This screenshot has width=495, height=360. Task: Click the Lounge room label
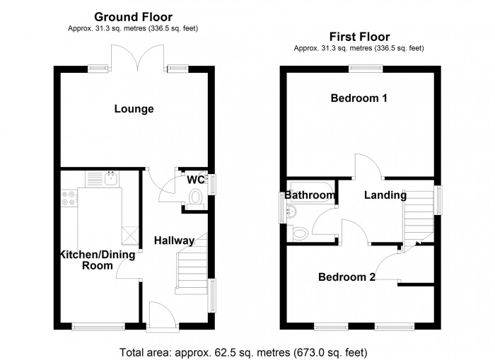coord(134,109)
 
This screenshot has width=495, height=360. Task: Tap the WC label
coord(196,180)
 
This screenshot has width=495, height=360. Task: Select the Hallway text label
coord(175,241)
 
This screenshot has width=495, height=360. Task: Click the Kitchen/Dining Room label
coord(86,260)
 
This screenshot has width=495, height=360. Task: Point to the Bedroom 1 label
coord(359,98)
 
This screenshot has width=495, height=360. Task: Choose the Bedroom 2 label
coord(346,277)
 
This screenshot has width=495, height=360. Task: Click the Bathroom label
coord(310,195)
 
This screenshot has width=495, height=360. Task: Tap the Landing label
coord(385,195)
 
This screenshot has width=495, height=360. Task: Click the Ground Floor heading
coord(134,16)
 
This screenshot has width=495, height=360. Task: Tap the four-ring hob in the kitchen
coord(69,199)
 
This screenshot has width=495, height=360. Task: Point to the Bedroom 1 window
coord(366,69)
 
